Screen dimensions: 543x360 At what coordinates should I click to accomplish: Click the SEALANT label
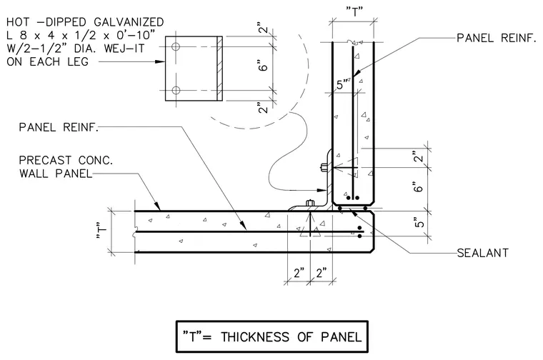pos(482,253)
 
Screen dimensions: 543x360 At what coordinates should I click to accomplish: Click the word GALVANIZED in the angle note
pos(129,22)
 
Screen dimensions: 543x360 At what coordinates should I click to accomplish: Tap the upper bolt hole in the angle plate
pos(176,46)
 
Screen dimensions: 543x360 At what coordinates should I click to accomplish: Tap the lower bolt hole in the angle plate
pos(176,91)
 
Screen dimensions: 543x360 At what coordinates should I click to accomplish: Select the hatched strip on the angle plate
pos(219,69)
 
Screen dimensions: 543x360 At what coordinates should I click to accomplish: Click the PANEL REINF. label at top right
pos(497,38)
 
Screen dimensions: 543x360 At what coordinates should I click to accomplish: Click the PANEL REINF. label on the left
pos(59,127)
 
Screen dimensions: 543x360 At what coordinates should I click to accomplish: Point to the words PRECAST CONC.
pos(66,160)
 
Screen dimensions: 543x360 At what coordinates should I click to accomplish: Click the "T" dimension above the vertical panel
pos(354,12)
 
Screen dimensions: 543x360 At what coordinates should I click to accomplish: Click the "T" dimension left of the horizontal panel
pos(101,231)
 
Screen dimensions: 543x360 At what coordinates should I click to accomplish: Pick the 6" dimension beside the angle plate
pos(264,66)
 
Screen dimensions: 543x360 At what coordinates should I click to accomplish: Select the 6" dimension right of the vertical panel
pos(419,188)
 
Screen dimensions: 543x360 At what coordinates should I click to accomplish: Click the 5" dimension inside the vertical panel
pos(342,84)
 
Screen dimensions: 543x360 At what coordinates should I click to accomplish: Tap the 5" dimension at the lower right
pos(419,223)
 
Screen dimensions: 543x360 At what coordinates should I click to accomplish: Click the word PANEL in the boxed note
pos(341,337)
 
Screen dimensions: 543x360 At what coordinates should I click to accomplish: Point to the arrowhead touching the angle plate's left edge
pos(159,62)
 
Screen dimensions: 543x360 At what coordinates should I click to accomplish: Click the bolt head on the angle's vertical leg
pos(324,168)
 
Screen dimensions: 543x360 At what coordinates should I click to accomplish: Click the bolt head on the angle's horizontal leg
pos(310,203)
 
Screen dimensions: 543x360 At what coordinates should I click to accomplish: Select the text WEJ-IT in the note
pos(124,49)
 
